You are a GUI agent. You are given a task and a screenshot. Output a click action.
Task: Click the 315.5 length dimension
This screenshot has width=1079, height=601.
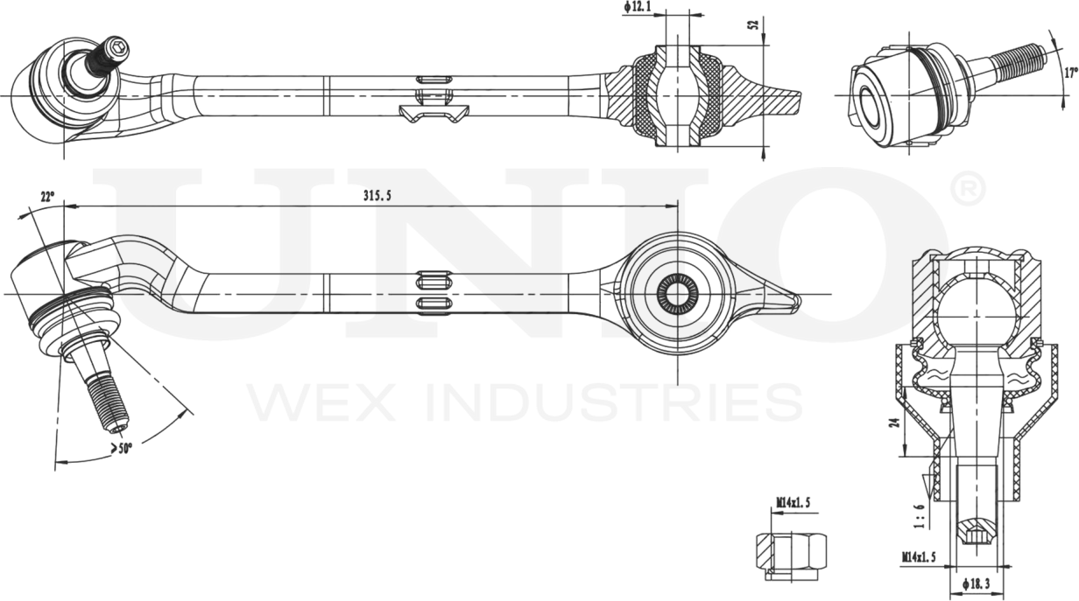pos(377,197)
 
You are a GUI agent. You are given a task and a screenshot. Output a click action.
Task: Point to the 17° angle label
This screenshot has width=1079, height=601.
pos(1069,72)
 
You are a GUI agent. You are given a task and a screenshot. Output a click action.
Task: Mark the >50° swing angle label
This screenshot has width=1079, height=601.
pos(122,449)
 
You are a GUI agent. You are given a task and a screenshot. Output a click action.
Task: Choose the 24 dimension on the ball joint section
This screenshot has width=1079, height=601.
pos(893,422)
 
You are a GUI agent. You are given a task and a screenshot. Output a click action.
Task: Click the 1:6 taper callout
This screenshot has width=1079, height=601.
pos(919,516)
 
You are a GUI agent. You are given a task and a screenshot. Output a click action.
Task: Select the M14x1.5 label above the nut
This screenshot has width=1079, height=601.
pos(793,503)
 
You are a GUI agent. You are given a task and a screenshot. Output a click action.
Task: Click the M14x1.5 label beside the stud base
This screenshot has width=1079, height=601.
pos(920,556)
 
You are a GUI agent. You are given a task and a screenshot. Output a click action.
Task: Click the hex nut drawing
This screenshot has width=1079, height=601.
pos(792,551)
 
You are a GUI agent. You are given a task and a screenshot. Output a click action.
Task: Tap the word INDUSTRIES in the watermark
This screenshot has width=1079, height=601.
pos(613,402)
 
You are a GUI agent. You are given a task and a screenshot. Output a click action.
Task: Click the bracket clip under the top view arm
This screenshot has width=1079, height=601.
pos(434,113)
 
